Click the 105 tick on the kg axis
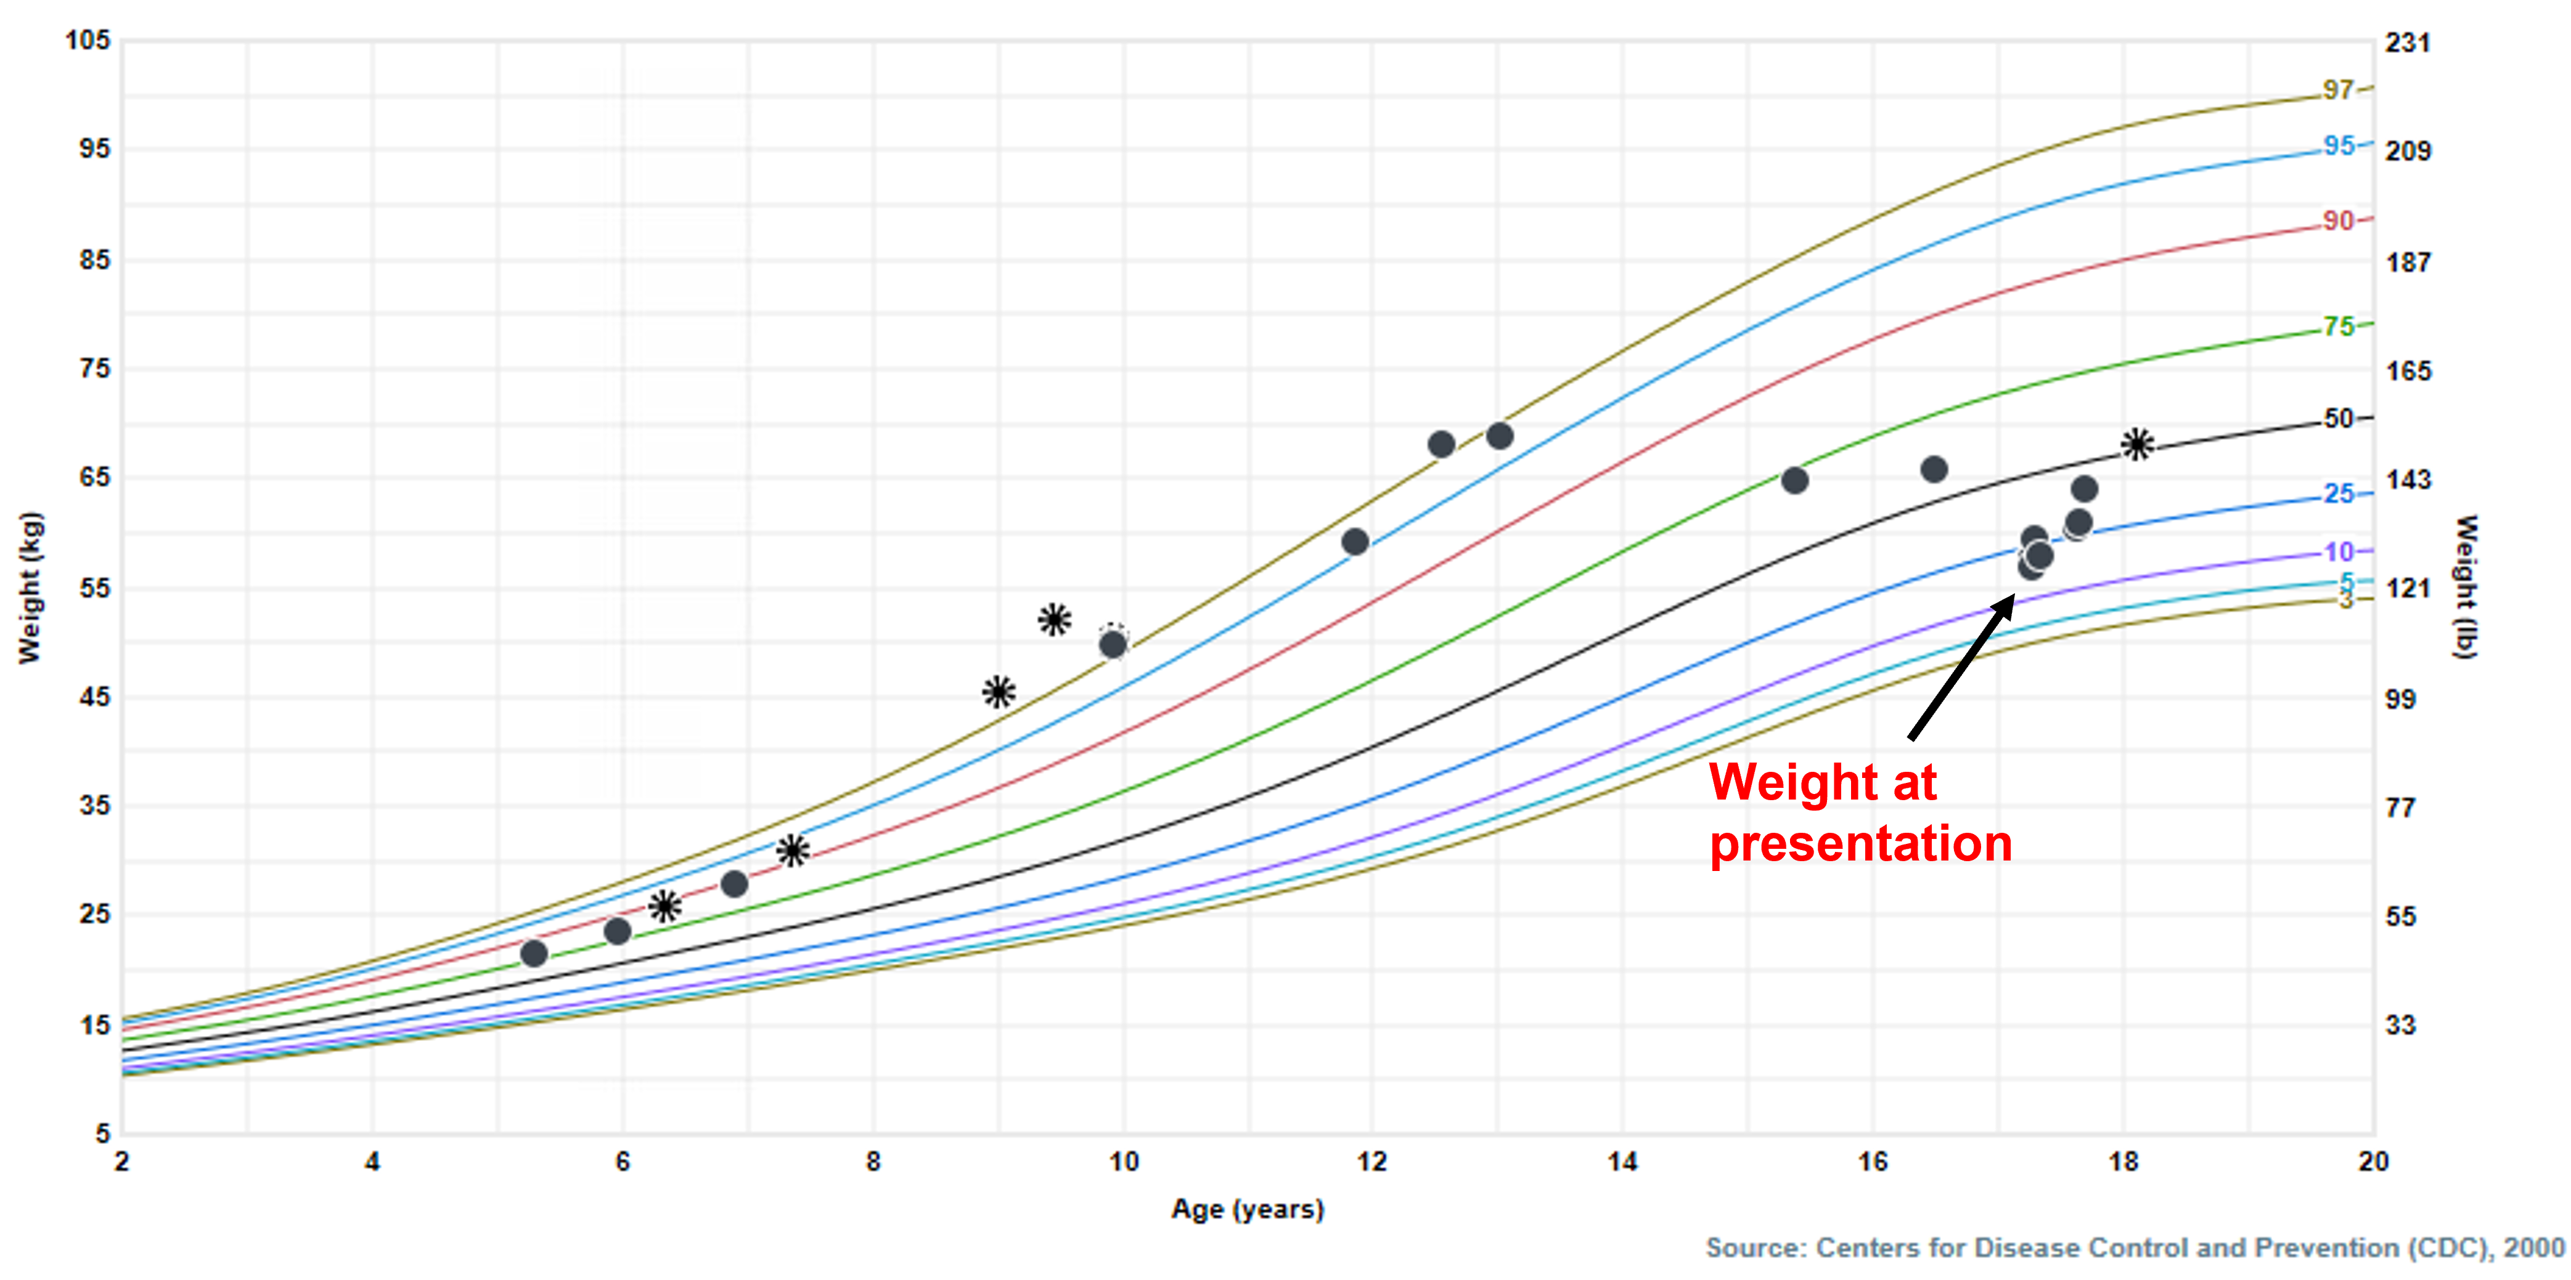point(88,40)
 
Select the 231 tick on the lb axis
point(2407,43)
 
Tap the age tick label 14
point(1622,1161)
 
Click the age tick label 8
point(873,1161)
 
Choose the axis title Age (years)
point(1248,1209)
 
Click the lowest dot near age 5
point(534,954)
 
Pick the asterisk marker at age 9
point(998,691)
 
